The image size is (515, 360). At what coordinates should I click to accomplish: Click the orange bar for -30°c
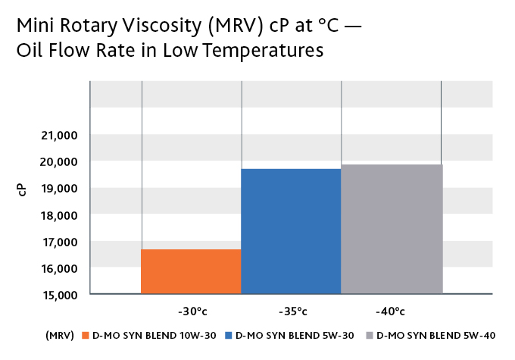click(191, 271)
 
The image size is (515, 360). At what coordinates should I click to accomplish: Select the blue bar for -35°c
click(291, 231)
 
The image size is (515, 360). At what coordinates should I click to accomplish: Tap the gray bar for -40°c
click(392, 229)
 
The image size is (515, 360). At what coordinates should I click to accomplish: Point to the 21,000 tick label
click(58, 135)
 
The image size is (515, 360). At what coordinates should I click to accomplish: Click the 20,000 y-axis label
click(58, 161)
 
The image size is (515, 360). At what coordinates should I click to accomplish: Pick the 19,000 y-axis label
click(58, 189)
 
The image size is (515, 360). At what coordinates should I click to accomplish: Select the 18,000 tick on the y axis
click(58, 215)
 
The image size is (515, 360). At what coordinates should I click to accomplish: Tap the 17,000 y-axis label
click(58, 242)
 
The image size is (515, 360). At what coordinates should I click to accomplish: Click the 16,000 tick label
click(58, 268)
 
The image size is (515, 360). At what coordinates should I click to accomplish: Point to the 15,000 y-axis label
click(58, 294)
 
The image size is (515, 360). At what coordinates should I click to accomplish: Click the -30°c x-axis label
click(192, 311)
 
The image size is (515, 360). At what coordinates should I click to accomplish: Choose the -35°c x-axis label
click(291, 311)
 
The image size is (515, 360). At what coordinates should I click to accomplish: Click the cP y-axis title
click(22, 190)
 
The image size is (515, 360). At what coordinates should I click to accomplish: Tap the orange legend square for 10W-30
click(86, 335)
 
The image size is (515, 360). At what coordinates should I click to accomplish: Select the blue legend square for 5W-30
click(229, 335)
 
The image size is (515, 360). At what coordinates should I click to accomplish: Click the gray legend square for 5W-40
click(369, 335)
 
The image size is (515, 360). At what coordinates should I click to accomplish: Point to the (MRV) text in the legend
click(58, 335)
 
